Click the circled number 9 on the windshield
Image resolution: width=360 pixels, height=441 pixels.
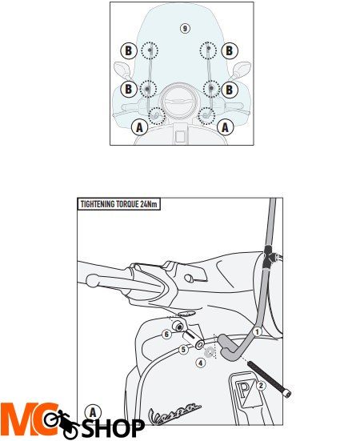[185, 28]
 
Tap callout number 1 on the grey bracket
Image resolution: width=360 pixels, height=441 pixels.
[257, 331]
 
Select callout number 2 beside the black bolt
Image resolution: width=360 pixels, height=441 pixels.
[261, 385]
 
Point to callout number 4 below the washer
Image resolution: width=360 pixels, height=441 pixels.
[200, 363]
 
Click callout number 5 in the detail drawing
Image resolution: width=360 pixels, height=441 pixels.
[183, 349]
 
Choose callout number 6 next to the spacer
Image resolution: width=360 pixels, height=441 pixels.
[166, 334]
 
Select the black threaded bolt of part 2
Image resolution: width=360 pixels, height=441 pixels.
[270, 380]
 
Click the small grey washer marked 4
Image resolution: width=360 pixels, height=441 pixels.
[209, 352]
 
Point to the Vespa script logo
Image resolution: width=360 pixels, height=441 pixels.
[174, 414]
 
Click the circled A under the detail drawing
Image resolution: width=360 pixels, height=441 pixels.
[93, 413]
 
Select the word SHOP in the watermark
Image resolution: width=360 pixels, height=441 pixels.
[113, 428]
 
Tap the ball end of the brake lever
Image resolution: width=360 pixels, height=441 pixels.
[92, 280]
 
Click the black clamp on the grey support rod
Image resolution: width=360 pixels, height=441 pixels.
[267, 257]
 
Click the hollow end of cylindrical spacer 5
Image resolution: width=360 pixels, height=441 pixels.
[200, 344]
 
